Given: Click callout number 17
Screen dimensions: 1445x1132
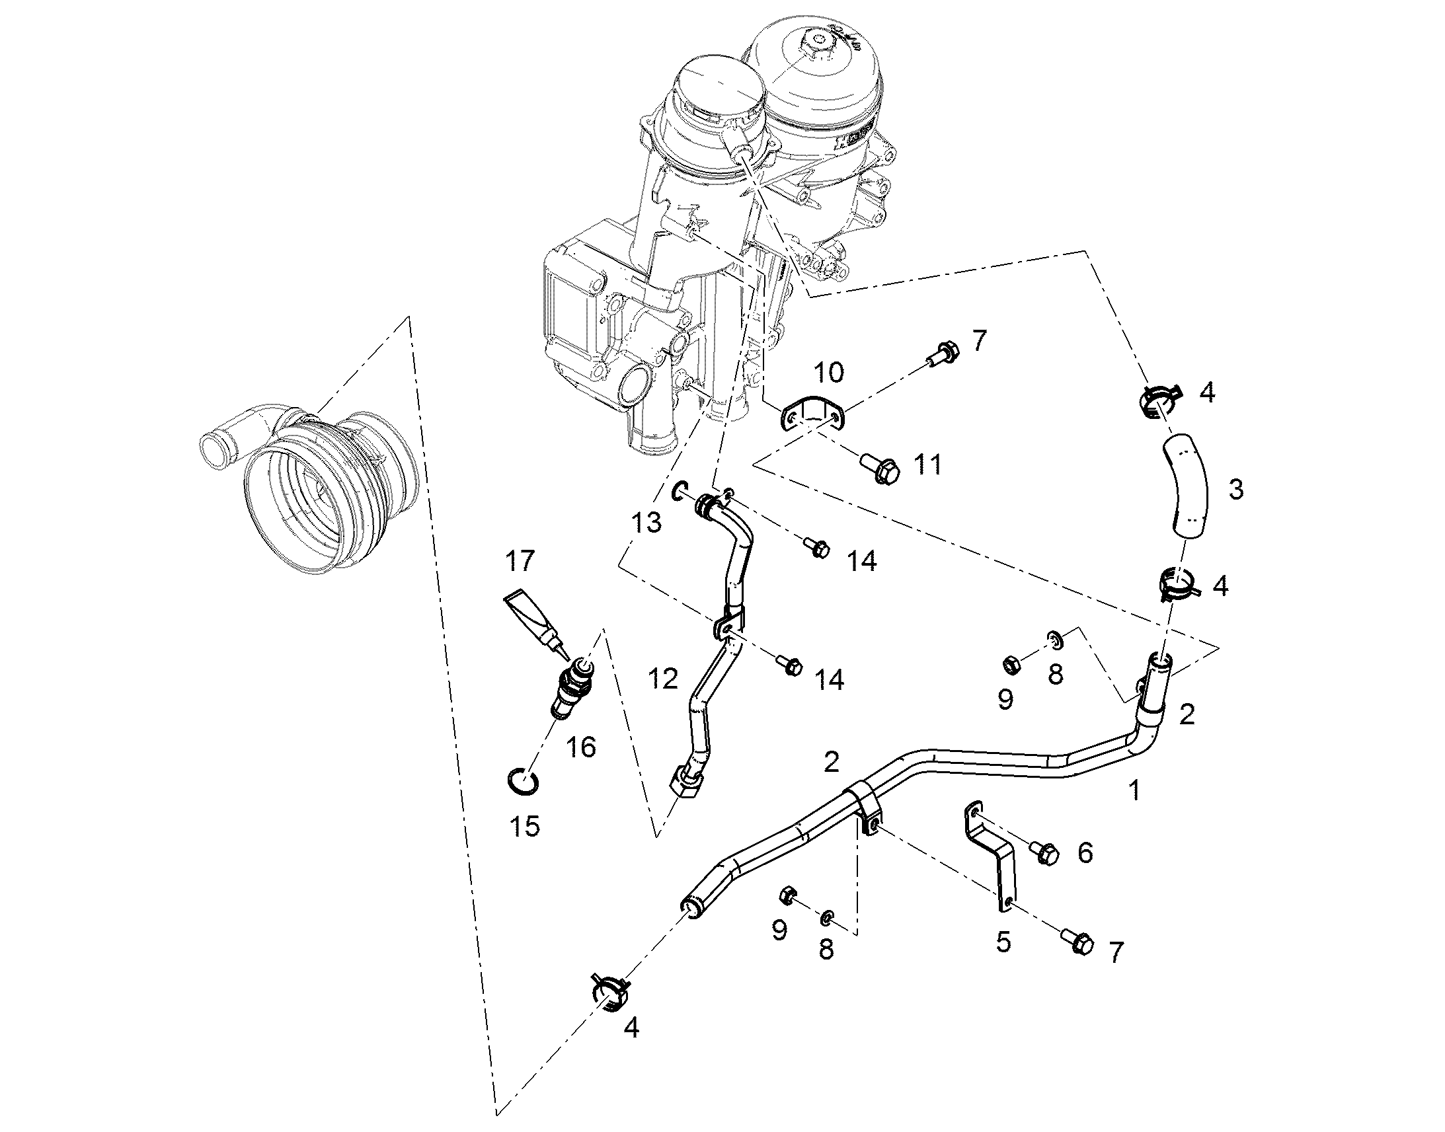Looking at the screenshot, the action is pyautogui.click(x=519, y=561).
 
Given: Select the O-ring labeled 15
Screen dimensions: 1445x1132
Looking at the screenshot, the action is pyautogui.click(x=523, y=780).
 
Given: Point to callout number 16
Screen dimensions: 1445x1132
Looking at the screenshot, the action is pyautogui.click(x=582, y=747).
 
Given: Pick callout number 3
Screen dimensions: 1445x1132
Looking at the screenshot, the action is pyautogui.click(x=1235, y=490).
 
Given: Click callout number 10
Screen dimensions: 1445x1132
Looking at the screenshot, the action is pyautogui.click(x=828, y=373).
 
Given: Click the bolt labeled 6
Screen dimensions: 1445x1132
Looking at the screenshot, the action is pyautogui.click(x=1043, y=853).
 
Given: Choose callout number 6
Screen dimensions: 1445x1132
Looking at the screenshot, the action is pyautogui.click(x=1085, y=853).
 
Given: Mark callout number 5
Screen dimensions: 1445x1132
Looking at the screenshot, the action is pyautogui.click(x=1003, y=942).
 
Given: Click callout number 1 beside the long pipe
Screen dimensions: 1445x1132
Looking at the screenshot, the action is pyautogui.click(x=1135, y=790).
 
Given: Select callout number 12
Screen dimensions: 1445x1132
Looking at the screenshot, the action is pyautogui.click(x=664, y=679).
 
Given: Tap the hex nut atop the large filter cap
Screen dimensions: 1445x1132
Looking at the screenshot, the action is pyautogui.click(x=814, y=46).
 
